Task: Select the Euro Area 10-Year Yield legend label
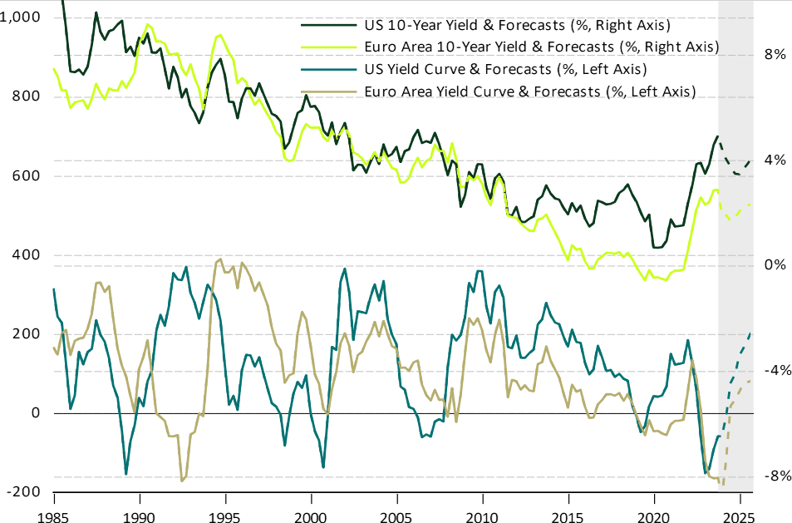(x=541, y=47)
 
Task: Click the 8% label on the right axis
(x=775, y=55)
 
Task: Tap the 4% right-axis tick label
(x=775, y=160)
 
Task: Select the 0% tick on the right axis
(x=775, y=265)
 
